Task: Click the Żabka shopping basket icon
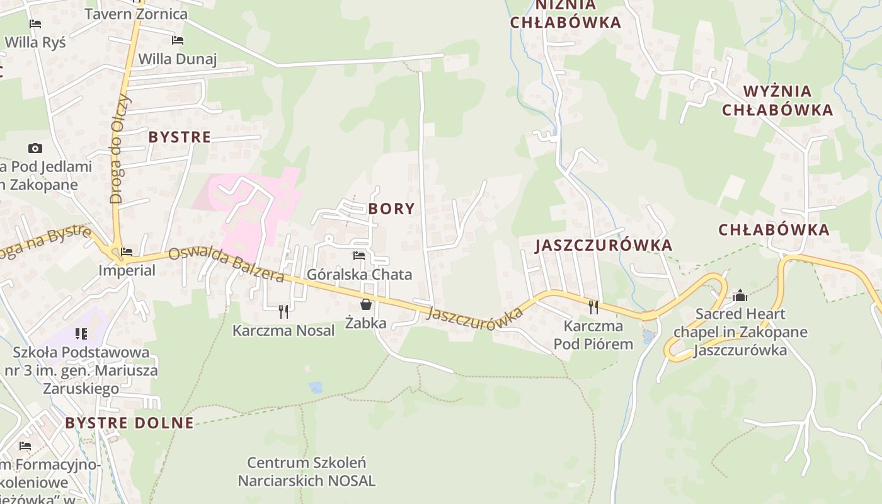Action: coord(365,305)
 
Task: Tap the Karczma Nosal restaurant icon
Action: coord(283,311)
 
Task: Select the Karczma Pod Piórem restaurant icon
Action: coord(593,307)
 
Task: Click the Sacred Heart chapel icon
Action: coord(740,295)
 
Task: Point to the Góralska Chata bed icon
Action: coord(359,256)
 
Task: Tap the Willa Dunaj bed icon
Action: coord(178,40)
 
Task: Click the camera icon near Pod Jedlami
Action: coord(35,149)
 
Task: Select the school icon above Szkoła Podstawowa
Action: coord(81,333)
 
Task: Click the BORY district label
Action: coord(391,209)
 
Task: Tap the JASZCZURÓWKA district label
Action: coord(604,245)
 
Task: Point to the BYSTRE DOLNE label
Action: coord(129,423)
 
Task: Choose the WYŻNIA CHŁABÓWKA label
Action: coord(777,100)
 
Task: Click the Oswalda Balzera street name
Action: coord(226,265)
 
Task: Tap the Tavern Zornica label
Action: coord(135,14)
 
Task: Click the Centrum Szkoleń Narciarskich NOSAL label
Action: coord(306,472)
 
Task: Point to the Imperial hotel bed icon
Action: coord(127,252)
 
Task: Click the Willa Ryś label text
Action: coord(35,42)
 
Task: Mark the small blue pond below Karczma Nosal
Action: coord(316,387)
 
